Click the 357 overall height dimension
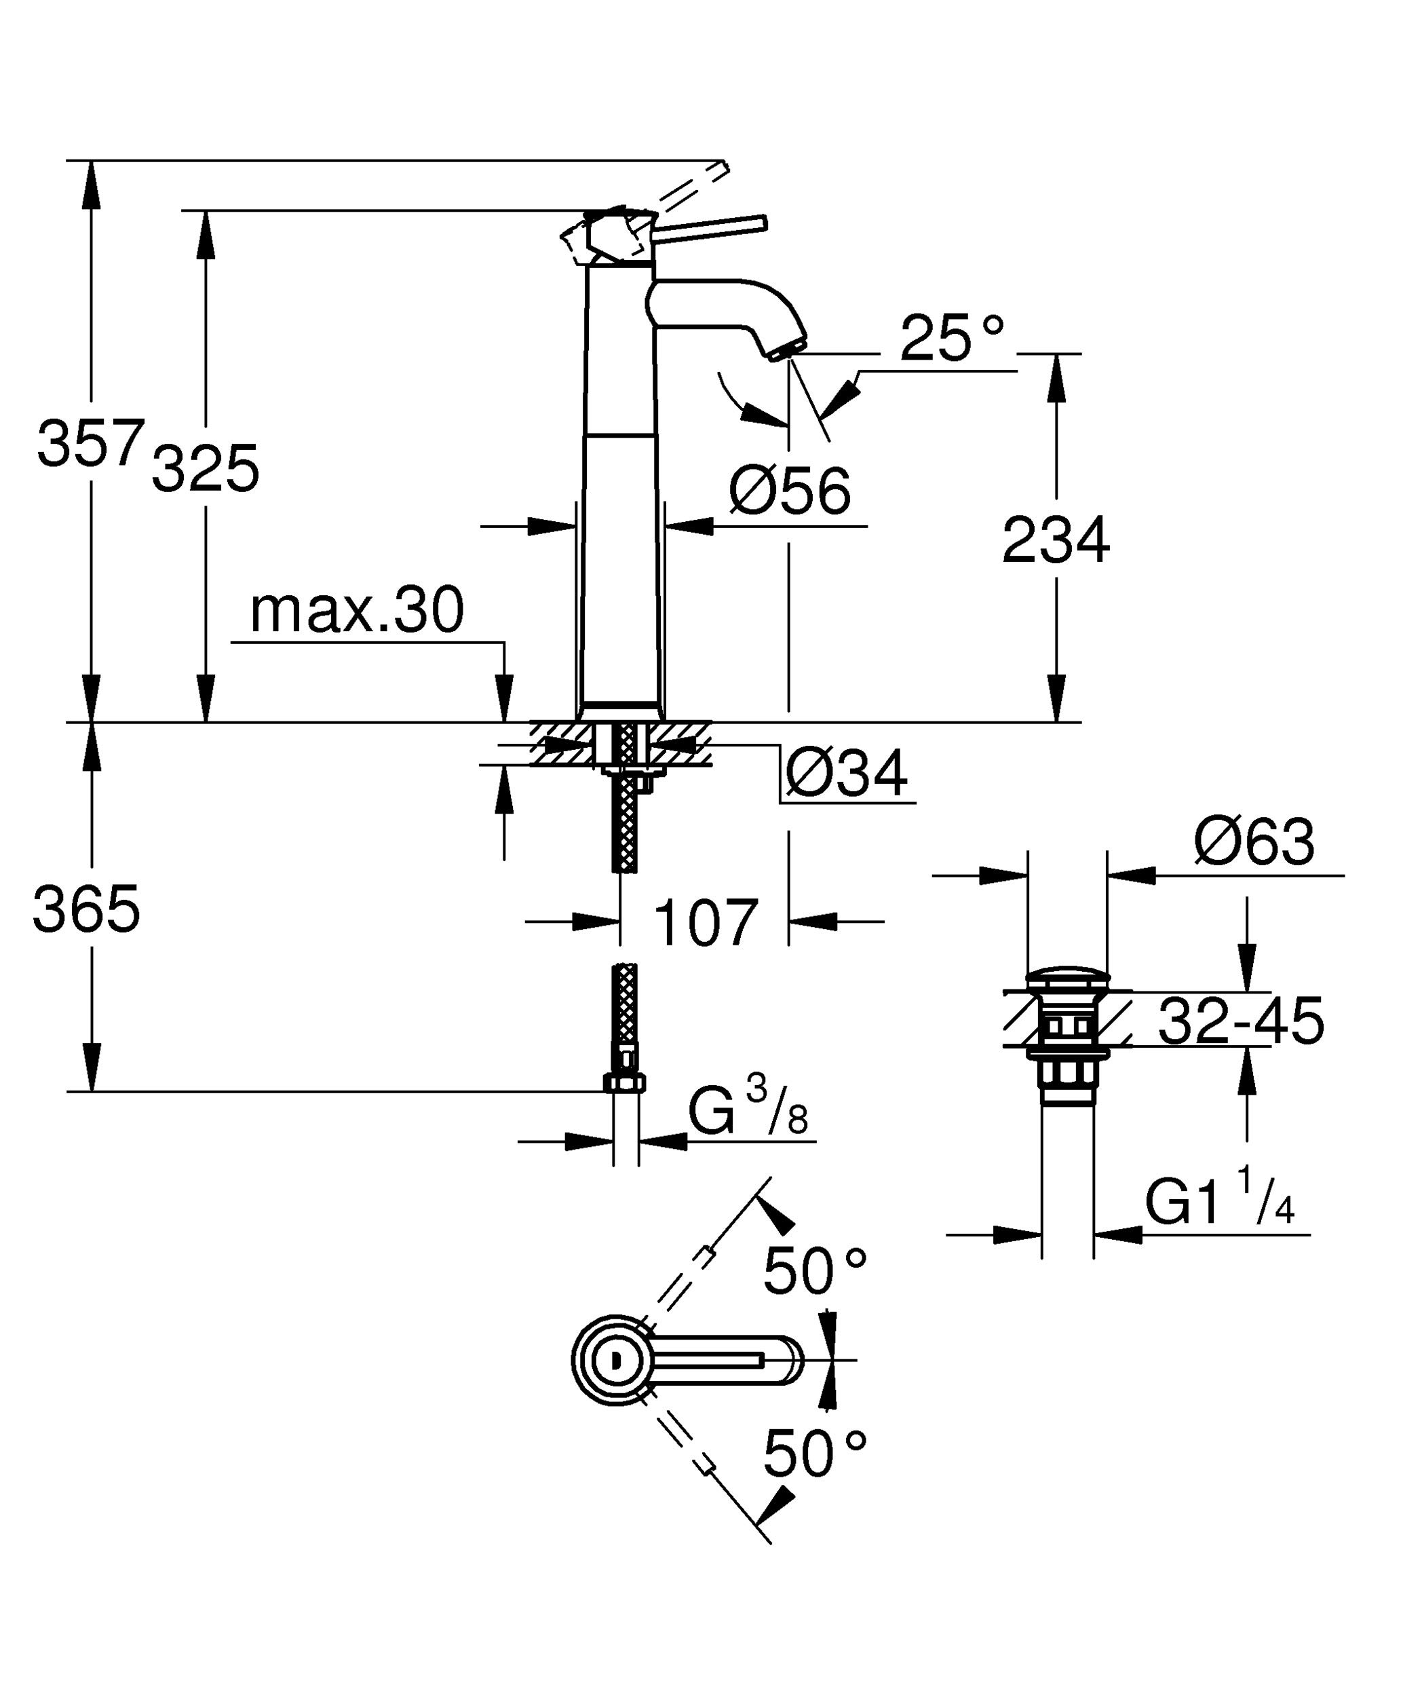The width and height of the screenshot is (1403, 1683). (x=90, y=442)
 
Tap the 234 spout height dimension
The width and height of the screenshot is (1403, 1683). (x=1056, y=540)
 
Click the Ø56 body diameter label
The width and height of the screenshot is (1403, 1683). (x=790, y=491)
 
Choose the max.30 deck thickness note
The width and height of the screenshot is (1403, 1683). (x=358, y=610)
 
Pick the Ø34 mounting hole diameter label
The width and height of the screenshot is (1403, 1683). (x=846, y=774)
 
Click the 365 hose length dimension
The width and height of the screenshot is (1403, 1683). (x=87, y=909)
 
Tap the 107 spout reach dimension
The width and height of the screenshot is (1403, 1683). (x=706, y=922)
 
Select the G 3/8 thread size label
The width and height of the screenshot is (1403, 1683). (x=748, y=1107)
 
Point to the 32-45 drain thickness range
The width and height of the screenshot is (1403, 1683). (x=1241, y=1021)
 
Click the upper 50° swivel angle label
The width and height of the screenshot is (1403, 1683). (x=815, y=1271)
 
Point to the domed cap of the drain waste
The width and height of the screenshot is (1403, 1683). (x=1067, y=980)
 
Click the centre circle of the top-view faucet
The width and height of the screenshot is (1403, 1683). (x=615, y=1360)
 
